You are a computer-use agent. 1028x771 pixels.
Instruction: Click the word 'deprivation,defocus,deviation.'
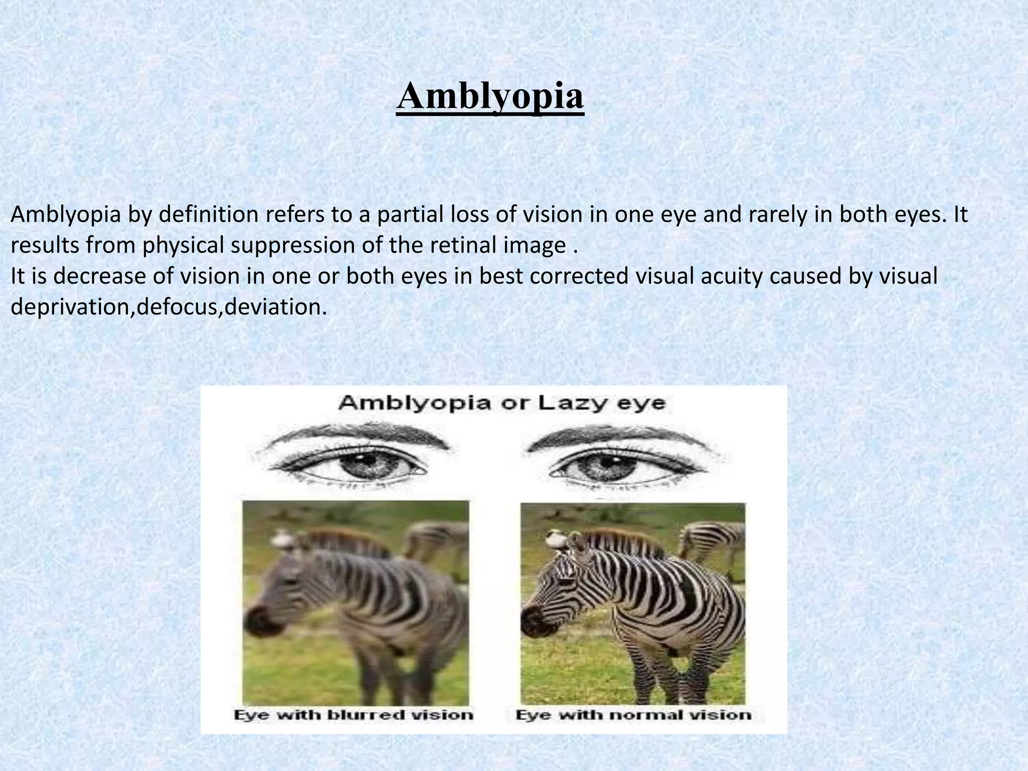169,307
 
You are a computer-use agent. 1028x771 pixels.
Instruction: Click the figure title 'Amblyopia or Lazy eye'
502,403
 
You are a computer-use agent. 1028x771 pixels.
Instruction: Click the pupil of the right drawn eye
598,463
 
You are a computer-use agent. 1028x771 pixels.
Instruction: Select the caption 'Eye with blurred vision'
353,715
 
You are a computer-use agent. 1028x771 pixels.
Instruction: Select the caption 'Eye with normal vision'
633,715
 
